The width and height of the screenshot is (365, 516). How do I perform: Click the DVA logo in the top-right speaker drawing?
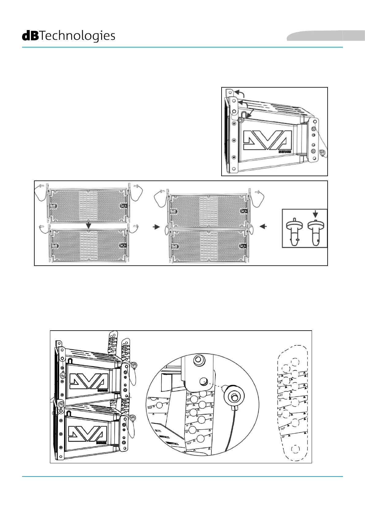click(266, 141)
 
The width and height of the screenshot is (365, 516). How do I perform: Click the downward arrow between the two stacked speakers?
click(89, 225)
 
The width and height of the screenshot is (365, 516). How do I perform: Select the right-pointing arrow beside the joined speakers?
click(157, 227)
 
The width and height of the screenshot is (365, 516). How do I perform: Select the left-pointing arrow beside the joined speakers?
click(263, 226)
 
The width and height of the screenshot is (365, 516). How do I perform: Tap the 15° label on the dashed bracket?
click(283, 437)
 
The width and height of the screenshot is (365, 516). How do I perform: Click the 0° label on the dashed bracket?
click(279, 376)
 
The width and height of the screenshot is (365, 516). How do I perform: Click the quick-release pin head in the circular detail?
click(234, 397)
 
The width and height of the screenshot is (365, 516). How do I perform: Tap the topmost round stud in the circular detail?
click(198, 359)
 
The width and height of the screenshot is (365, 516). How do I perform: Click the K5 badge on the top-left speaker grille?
click(123, 205)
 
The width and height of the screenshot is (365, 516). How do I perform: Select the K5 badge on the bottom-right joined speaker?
click(244, 246)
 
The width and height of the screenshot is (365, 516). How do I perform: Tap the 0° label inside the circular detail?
click(188, 395)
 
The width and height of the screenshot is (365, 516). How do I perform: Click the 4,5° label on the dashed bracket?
click(280, 395)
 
